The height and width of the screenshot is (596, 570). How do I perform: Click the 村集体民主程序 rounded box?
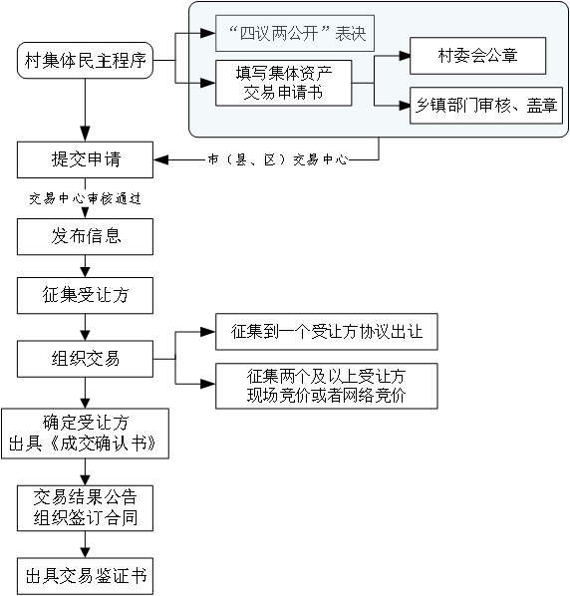coord(85,61)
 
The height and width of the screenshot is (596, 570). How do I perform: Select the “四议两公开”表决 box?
coord(295,33)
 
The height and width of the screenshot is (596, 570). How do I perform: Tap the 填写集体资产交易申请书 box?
coord(283,83)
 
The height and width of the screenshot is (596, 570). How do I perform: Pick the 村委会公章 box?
coord(478,56)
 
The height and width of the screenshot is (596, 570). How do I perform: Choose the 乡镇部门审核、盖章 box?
coord(486,106)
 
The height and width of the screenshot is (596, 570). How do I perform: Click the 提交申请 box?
coord(85,159)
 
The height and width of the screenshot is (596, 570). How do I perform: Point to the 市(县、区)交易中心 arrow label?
coord(278,159)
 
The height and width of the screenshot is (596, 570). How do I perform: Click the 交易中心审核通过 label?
coord(85,198)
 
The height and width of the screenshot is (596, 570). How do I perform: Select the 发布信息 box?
coord(85,236)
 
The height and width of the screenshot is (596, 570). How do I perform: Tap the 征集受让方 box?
coord(85,295)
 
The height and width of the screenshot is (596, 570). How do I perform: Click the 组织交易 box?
coord(85,359)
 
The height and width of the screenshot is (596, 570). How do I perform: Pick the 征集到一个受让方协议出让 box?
coord(327,332)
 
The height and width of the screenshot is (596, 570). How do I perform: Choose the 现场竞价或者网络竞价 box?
coord(327,386)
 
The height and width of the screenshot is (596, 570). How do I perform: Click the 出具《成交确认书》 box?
coord(85,434)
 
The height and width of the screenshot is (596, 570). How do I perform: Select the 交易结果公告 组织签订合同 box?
coord(85,508)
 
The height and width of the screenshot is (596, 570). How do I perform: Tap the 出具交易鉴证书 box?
coord(85,576)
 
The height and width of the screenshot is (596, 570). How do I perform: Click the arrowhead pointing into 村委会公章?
coord(405,56)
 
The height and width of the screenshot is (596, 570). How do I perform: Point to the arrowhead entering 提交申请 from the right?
coord(159,159)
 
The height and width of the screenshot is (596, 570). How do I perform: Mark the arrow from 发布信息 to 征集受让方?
coord(85,266)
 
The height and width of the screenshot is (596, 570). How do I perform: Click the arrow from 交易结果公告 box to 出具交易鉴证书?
coord(85,544)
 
